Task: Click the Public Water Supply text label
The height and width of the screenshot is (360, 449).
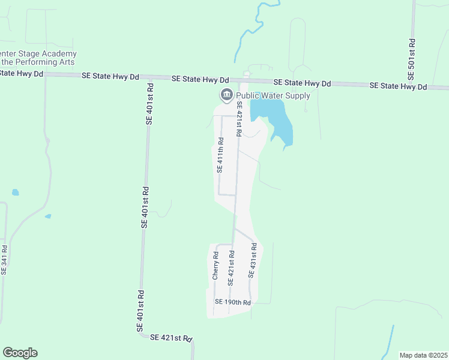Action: pyautogui.click(x=273, y=95)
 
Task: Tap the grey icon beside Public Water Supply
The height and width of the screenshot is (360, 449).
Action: pyautogui.click(x=227, y=95)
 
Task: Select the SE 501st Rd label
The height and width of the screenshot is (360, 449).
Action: pyautogui.click(x=412, y=60)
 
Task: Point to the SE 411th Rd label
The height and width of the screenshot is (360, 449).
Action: pyautogui.click(x=220, y=155)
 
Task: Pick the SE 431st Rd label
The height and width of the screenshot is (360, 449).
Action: pyautogui.click(x=252, y=260)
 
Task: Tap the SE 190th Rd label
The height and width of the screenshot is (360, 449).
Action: pyautogui.click(x=232, y=302)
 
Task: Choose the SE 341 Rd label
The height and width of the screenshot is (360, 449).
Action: pyautogui.click(x=4, y=259)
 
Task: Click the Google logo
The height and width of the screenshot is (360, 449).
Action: pyautogui.click(x=20, y=353)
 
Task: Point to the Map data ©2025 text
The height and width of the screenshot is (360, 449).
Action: pyautogui.click(x=423, y=355)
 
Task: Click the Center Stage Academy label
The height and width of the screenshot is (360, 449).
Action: pyautogui.click(x=38, y=53)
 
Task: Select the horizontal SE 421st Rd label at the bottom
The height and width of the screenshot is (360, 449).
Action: pyautogui.click(x=171, y=338)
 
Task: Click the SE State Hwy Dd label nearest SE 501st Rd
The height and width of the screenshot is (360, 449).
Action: pyautogui.click(x=398, y=86)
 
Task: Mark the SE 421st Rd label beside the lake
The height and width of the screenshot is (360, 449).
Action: pyautogui.click(x=240, y=122)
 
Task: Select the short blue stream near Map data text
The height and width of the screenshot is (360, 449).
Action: pyautogui.click(x=389, y=340)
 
